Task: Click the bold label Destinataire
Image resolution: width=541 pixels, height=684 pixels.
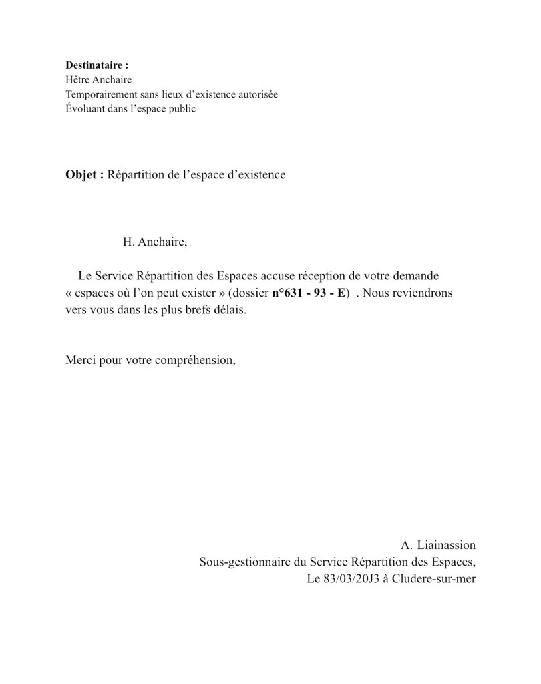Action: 96,65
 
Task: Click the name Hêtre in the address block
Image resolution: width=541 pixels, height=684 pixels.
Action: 78,79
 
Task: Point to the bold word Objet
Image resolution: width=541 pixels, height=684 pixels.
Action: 83,175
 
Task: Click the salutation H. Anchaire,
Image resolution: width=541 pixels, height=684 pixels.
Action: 155,242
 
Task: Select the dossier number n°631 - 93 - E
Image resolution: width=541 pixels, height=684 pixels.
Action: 309,293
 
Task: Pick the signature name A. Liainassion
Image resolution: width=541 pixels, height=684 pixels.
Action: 439,546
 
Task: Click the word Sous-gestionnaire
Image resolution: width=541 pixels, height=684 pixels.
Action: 244,562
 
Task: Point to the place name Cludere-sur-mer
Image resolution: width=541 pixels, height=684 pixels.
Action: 434,579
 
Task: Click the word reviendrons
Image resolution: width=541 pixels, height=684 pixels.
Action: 421,293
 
